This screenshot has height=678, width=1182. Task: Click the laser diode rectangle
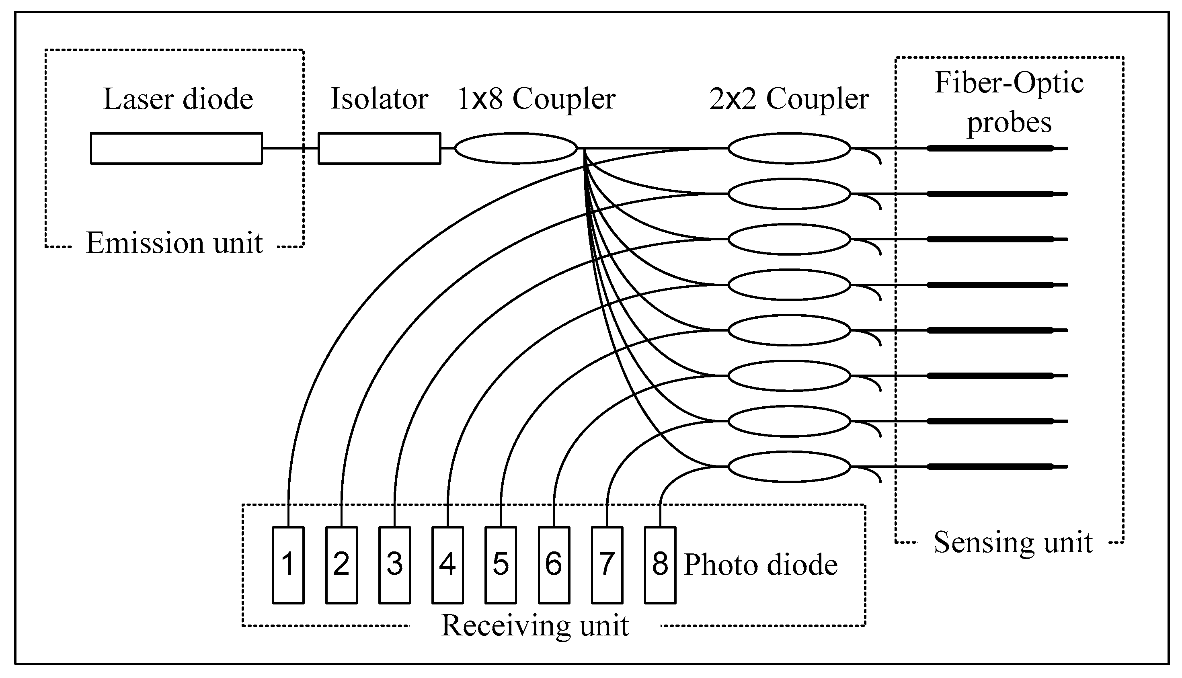point(176,149)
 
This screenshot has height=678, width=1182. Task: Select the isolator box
point(379,149)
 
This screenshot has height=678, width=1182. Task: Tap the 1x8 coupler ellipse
point(515,149)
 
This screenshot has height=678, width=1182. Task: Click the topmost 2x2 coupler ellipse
point(789,149)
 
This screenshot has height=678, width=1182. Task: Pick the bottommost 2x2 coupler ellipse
point(789,467)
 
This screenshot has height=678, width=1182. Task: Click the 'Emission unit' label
point(174,243)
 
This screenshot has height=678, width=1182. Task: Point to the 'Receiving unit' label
point(535,625)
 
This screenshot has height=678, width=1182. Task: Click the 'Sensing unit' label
point(1013,543)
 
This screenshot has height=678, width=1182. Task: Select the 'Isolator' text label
point(379,99)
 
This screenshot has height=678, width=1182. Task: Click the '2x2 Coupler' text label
point(789,99)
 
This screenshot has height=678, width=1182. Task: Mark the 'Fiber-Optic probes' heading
point(1009,102)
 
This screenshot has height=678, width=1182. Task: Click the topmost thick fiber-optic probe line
point(990,149)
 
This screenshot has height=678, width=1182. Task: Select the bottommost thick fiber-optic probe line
point(990,467)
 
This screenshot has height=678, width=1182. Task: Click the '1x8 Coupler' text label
point(536,99)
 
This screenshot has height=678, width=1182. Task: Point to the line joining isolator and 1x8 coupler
point(447,149)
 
